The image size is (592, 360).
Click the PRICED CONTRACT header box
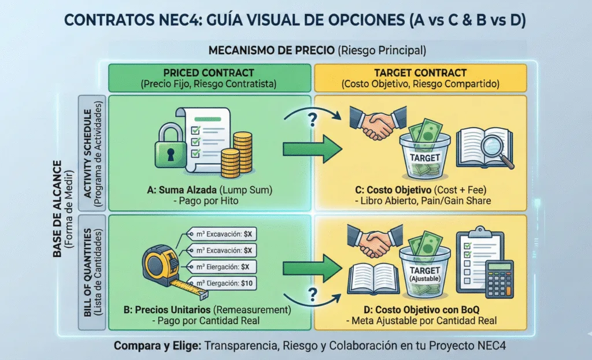pyautogui.click(x=209, y=78)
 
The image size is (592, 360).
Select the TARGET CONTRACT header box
pyautogui.click(x=419, y=78)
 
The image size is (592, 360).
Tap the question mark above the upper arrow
pyautogui.click(x=313, y=120)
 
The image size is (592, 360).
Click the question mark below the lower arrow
pyautogui.click(x=313, y=292)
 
